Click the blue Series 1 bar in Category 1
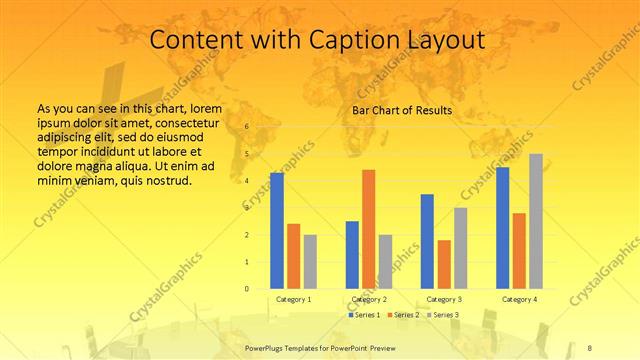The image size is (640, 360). (x=277, y=231)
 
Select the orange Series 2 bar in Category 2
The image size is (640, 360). (x=369, y=229)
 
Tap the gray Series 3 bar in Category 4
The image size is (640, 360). (x=536, y=221)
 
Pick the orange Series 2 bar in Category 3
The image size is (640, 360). (x=444, y=264)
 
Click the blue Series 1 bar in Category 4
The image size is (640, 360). (x=503, y=228)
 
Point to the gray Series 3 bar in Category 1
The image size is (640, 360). (x=310, y=262)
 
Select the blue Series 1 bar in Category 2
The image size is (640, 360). (x=352, y=255)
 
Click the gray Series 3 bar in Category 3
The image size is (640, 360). (x=460, y=248)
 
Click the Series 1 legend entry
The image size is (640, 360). (x=363, y=315)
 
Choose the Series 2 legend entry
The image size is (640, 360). (x=405, y=315)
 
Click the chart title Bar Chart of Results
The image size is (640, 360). (x=401, y=110)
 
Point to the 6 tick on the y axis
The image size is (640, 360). (x=246, y=128)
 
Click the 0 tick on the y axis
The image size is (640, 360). (x=246, y=289)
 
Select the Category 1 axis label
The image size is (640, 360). (x=293, y=299)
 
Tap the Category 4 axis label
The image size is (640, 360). (x=519, y=299)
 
